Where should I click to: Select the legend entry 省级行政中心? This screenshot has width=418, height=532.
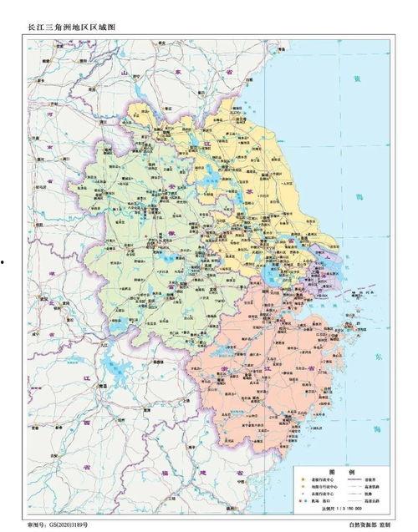coord(324,479)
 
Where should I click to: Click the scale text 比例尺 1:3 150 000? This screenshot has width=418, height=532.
coord(345,507)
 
